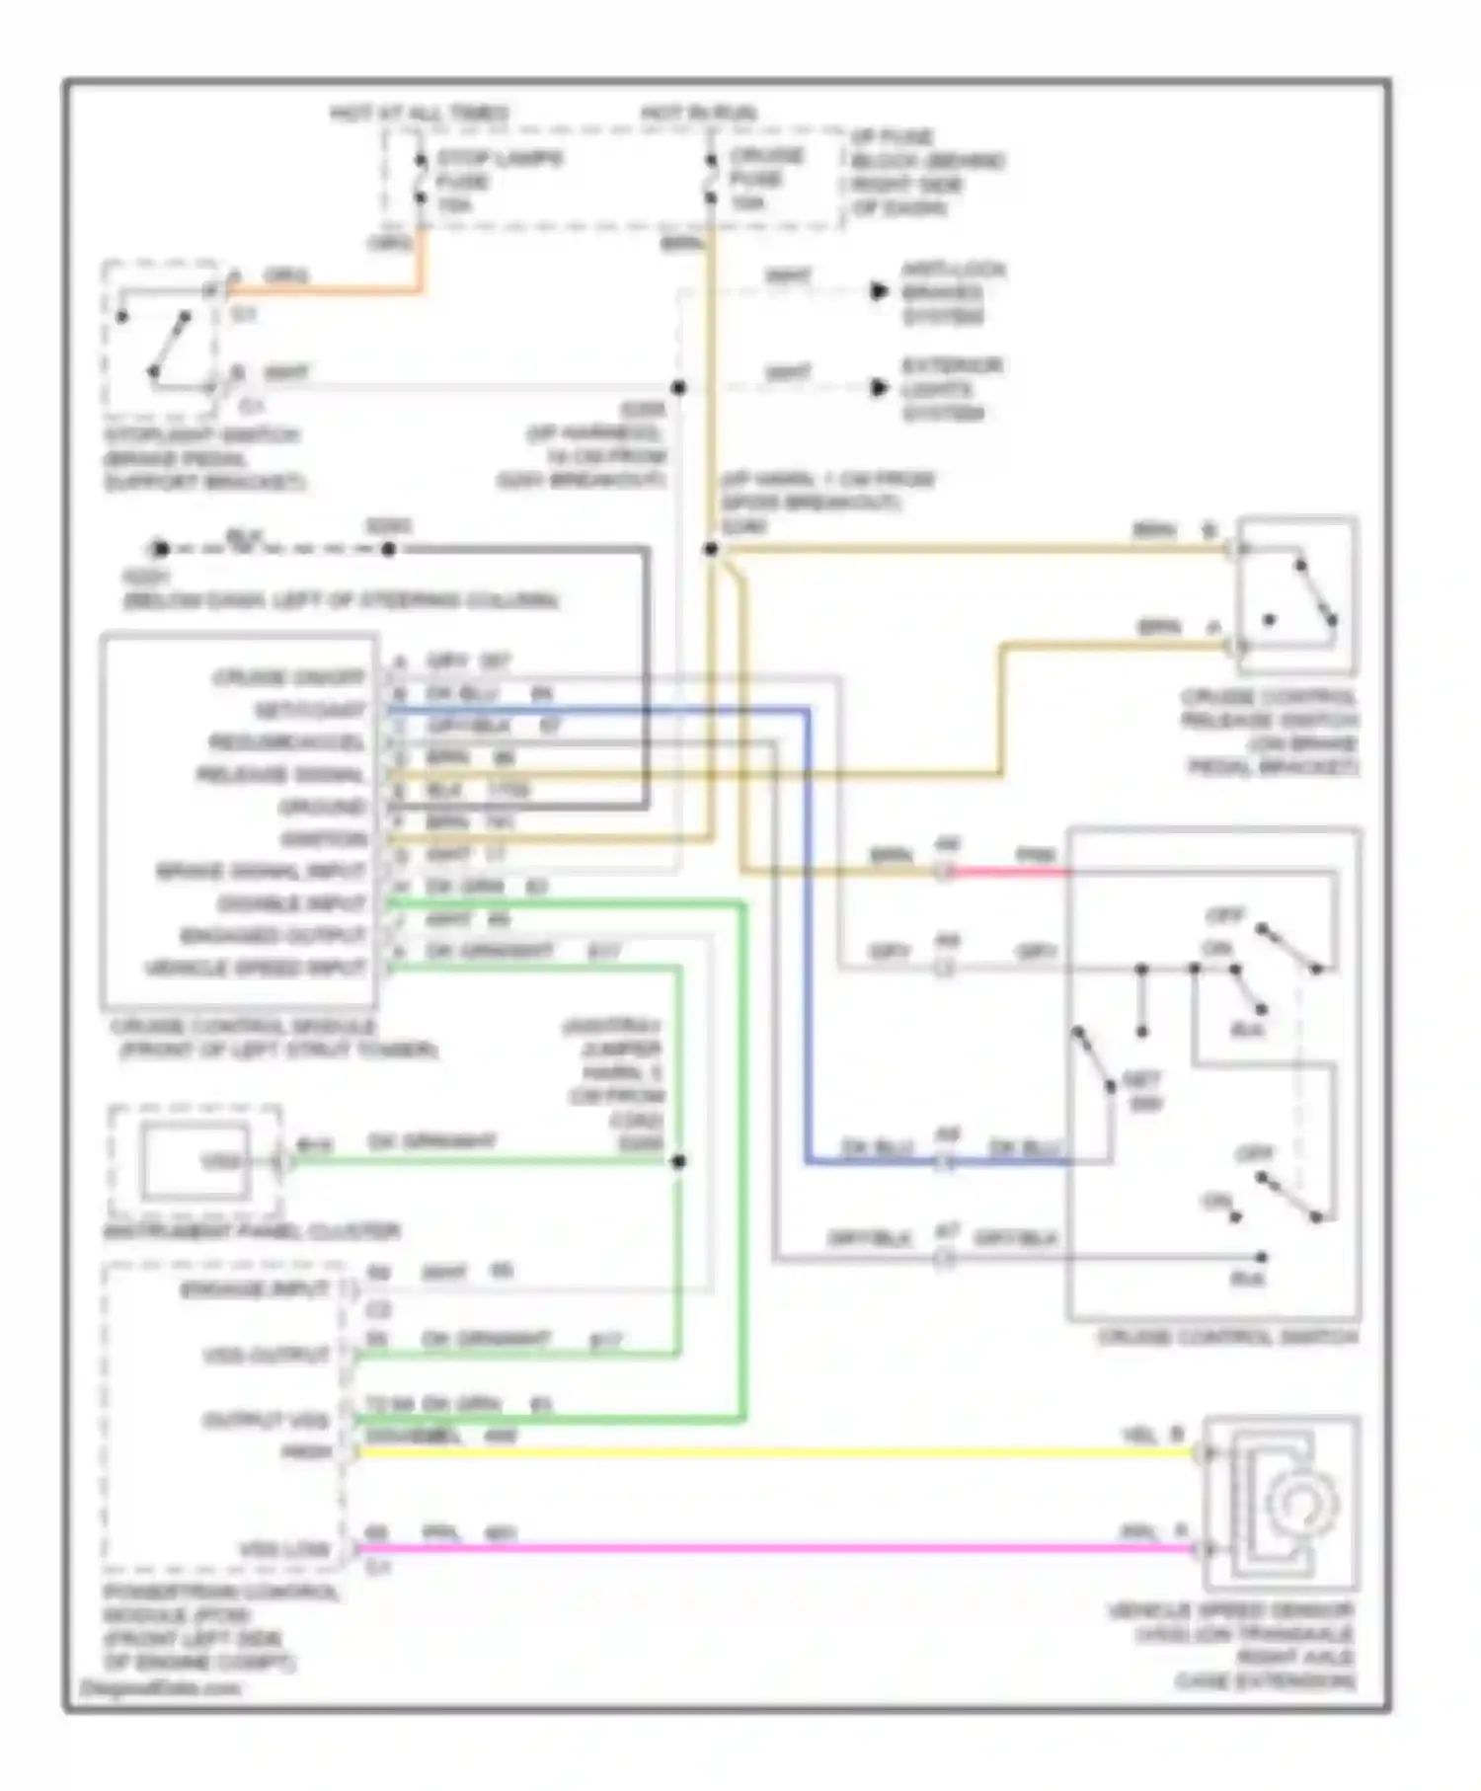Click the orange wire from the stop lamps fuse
[x=326, y=290]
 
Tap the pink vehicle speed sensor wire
[x=770, y=1548]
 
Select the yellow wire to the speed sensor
[x=770, y=1452]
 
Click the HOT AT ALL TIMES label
[x=419, y=114]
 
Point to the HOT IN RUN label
[x=698, y=114]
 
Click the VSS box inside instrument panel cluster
[x=195, y=1160]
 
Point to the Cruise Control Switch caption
[x=1227, y=1337]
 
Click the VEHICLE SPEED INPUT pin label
[x=256, y=969]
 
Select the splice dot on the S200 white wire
[x=678, y=388]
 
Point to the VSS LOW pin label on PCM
[x=284, y=1548]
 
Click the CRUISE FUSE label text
[x=766, y=179]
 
